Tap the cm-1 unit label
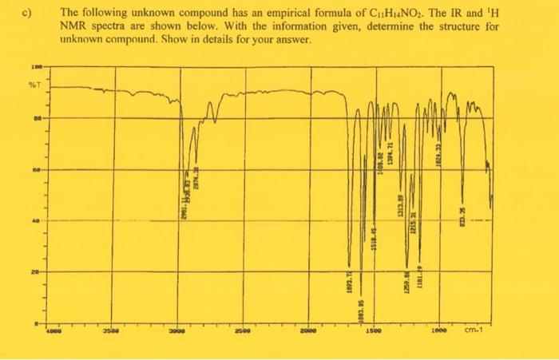pos(482,328)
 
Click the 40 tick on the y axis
pos(37,220)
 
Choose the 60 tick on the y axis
pos(37,170)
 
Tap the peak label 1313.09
pos(401,204)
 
